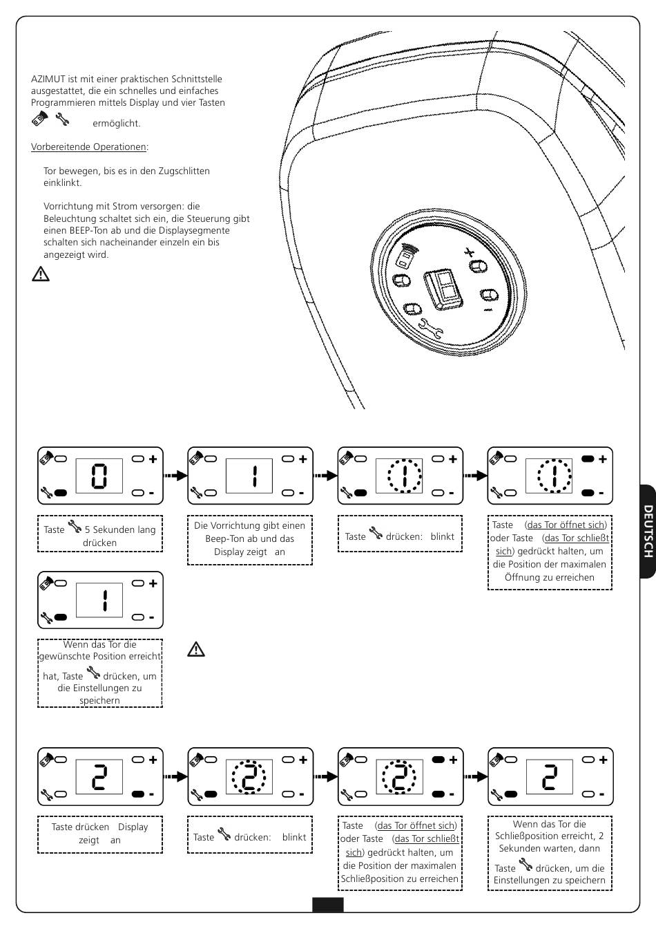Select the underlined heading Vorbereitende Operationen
[x=89, y=147]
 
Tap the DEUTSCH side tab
[x=647, y=531]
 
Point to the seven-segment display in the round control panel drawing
[x=443, y=287]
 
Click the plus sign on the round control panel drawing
[x=470, y=252]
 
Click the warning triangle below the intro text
[x=41, y=274]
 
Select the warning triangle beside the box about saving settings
[x=196, y=649]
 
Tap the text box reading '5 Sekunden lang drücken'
[x=99, y=536]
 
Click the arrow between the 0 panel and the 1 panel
[x=175, y=476]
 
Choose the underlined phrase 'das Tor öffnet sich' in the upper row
[x=566, y=525]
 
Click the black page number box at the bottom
[x=327, y=905]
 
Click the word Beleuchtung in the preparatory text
[x=74, y=218]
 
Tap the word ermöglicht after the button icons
[x=116, y=123]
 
